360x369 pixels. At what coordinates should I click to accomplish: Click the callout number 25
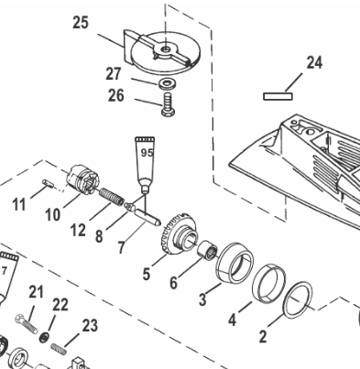point(81,23)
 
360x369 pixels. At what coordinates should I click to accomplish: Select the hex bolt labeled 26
point(168,104)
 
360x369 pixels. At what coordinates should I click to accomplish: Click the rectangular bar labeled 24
point(278,96)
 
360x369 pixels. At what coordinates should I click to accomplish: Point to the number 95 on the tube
point(147,152)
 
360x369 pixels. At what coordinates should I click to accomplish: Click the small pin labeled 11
point(48,183)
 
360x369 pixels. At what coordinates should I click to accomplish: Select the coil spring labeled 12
point(112,197)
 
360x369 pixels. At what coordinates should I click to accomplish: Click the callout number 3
point(202,299)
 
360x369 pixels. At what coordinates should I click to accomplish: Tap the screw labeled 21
point(27,323)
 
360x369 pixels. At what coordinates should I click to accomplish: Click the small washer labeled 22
point(44,337)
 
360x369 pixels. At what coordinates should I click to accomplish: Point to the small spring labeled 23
point(59,349)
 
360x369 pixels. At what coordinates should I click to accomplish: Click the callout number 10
point(53,214)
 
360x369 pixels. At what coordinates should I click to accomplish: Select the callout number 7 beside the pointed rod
point(121,247)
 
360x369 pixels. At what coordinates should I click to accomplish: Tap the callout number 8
point(99,236)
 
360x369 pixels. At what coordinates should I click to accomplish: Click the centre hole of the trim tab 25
point(165,49)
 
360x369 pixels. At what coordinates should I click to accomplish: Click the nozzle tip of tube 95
point(146,191)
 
